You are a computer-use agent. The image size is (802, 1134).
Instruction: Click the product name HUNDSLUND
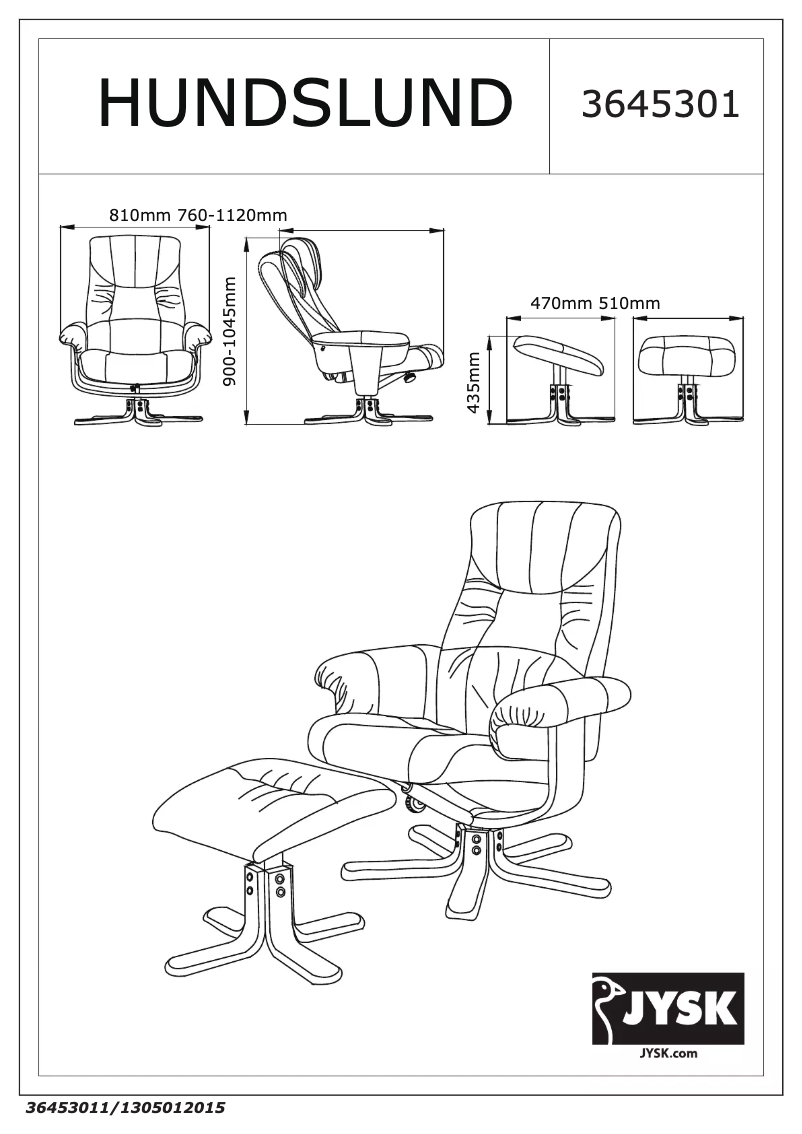[x=305, y=103]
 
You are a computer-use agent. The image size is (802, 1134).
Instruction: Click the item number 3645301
[x=660, y=105]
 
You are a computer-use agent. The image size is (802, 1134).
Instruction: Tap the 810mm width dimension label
[x=139, y=215]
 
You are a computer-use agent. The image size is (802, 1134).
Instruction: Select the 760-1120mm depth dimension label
[x=232, y=215]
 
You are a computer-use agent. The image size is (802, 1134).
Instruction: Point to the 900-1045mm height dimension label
[x=231, y=331]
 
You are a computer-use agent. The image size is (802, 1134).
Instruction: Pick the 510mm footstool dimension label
[x=630, y=303]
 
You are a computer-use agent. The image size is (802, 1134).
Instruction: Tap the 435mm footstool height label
[x=474, y=383]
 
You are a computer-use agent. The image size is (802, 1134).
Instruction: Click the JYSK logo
[x=667, y=1008]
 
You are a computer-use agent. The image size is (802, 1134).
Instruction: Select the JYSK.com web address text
[x=668, y=1053]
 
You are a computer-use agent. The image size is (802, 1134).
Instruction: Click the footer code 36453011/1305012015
[x=126, y=1107]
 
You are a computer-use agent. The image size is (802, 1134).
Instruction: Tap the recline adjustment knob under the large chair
[x=414, y=803]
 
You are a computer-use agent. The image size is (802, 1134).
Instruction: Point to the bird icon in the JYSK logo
[x=609, y=1007]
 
